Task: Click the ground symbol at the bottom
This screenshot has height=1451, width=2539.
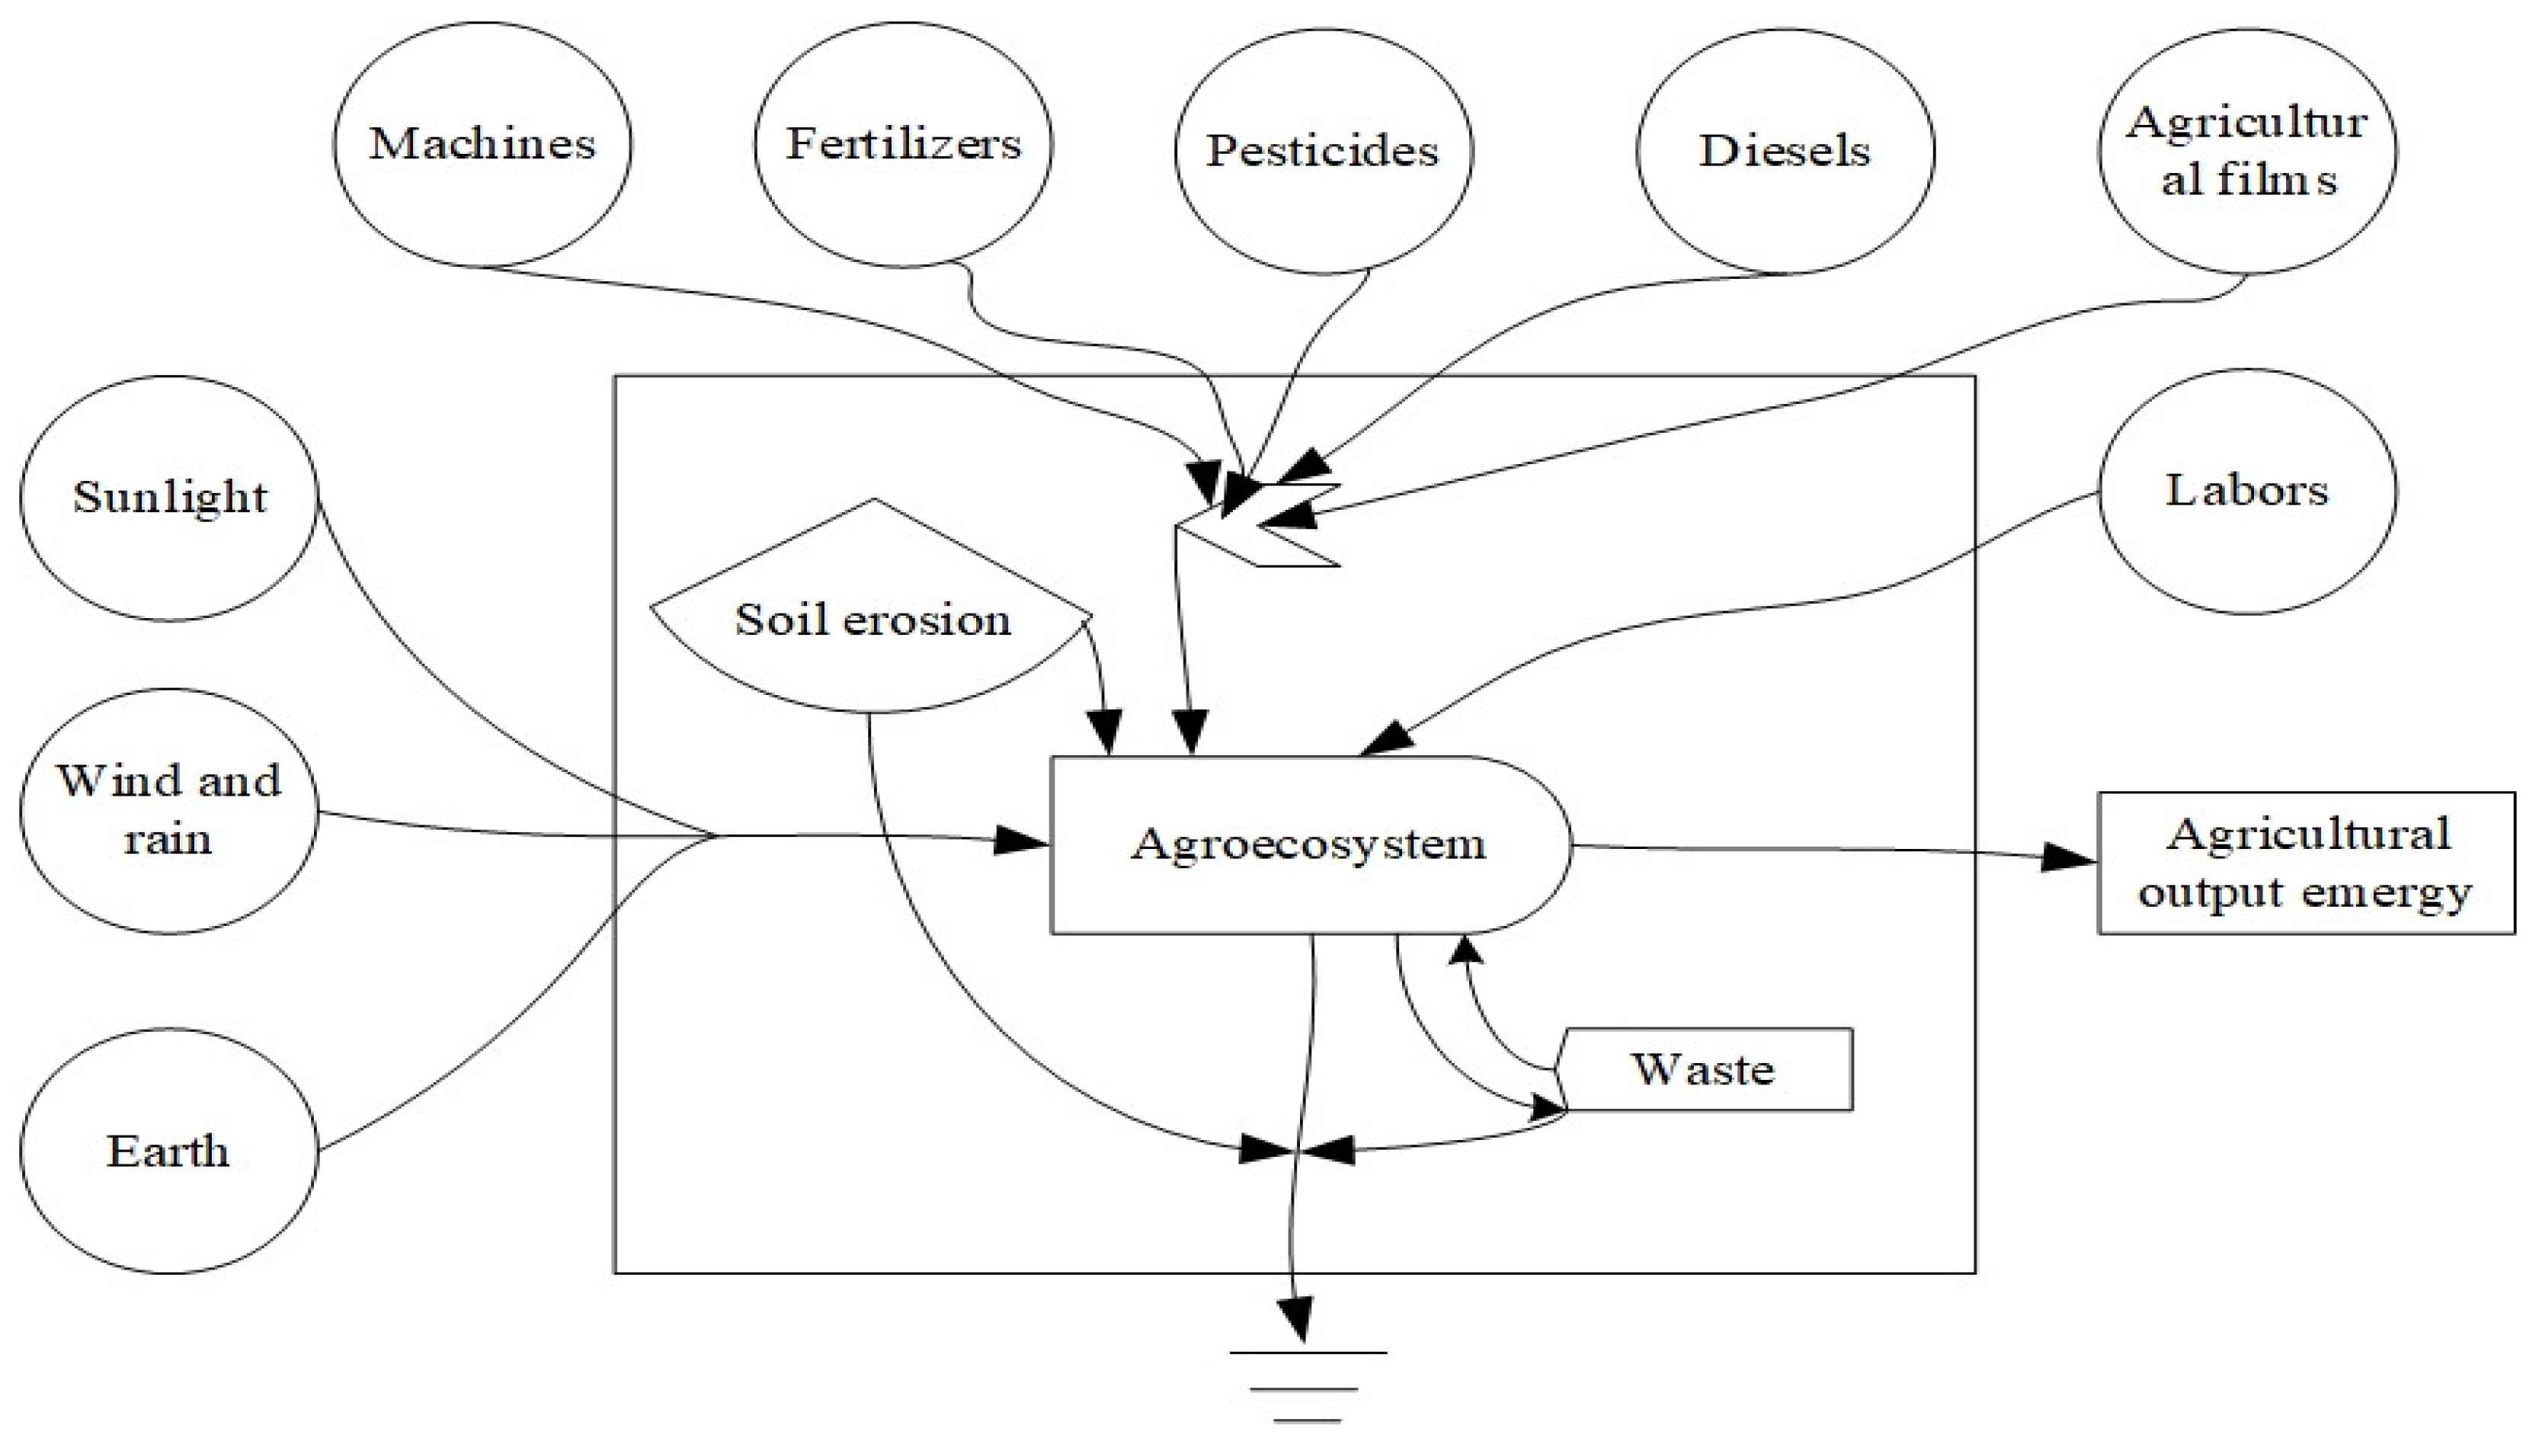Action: click(1308, 1386)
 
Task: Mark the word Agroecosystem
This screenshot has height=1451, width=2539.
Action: click(1308, 845)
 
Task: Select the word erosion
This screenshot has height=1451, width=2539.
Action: click(927, 620)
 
